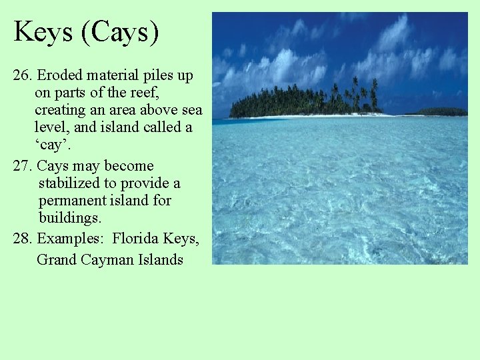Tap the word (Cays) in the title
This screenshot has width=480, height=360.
120,31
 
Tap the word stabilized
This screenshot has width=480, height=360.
71,183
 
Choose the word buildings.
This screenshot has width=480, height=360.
70,218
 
